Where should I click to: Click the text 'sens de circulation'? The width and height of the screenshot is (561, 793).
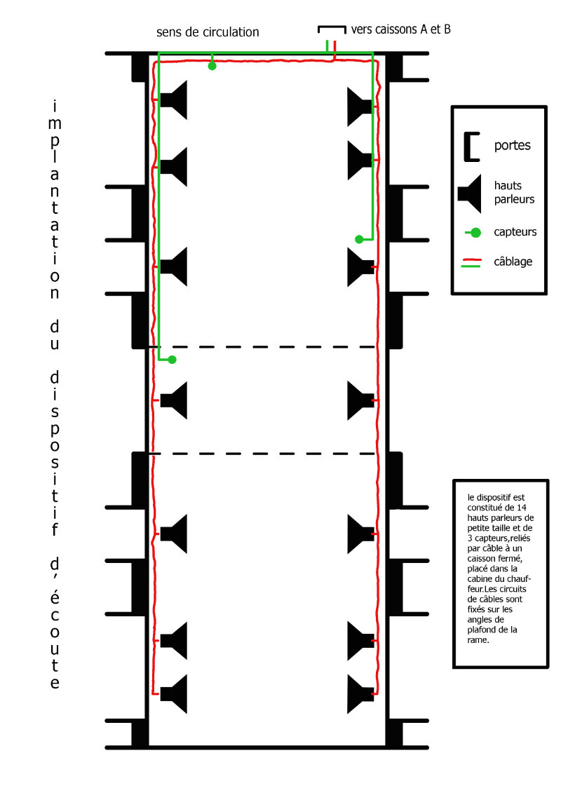point(208,32)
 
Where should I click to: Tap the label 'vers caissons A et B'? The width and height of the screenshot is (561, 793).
point(401,29)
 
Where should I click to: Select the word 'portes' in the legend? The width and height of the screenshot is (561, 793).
point(512,146)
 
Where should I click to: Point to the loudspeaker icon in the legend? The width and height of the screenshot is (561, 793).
point(470,191)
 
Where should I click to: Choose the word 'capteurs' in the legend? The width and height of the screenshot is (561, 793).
point(515,231)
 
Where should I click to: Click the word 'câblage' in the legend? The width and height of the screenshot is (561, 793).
point(513,262)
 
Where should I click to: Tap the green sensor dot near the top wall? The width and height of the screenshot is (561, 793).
point(212,67)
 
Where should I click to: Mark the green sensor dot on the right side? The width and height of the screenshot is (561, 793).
point(359,239)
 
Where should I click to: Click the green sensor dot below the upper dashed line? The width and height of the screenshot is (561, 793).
point(173,360)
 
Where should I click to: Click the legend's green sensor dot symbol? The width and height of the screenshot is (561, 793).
point(476,232)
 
